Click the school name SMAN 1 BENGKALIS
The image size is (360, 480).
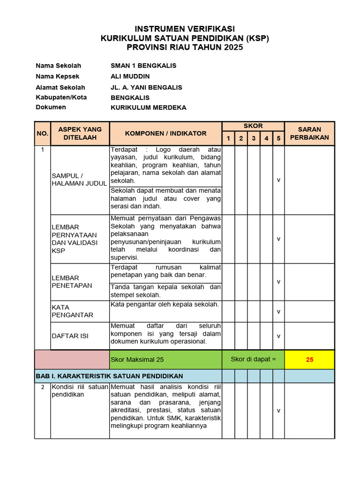143,66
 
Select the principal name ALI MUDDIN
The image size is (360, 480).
130,76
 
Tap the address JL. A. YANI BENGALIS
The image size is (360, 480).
146,87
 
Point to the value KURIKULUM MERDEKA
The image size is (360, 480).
148,107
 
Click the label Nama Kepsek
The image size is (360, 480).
58,76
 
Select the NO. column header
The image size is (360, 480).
42,134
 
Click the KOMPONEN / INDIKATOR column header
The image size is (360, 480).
165,134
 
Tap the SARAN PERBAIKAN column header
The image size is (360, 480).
309,134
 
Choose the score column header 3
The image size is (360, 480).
253,138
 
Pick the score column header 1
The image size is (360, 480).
228,138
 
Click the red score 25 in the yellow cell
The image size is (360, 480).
309,360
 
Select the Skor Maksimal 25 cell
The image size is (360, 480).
137,360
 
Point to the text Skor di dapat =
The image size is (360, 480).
253,360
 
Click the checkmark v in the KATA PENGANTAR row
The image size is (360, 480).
278,311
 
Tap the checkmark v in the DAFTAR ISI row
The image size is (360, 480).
278,336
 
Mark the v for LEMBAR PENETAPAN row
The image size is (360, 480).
278,282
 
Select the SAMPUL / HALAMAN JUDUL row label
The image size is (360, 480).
79,180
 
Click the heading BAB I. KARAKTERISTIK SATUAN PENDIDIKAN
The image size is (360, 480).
109,376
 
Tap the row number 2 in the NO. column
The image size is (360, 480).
42,387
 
